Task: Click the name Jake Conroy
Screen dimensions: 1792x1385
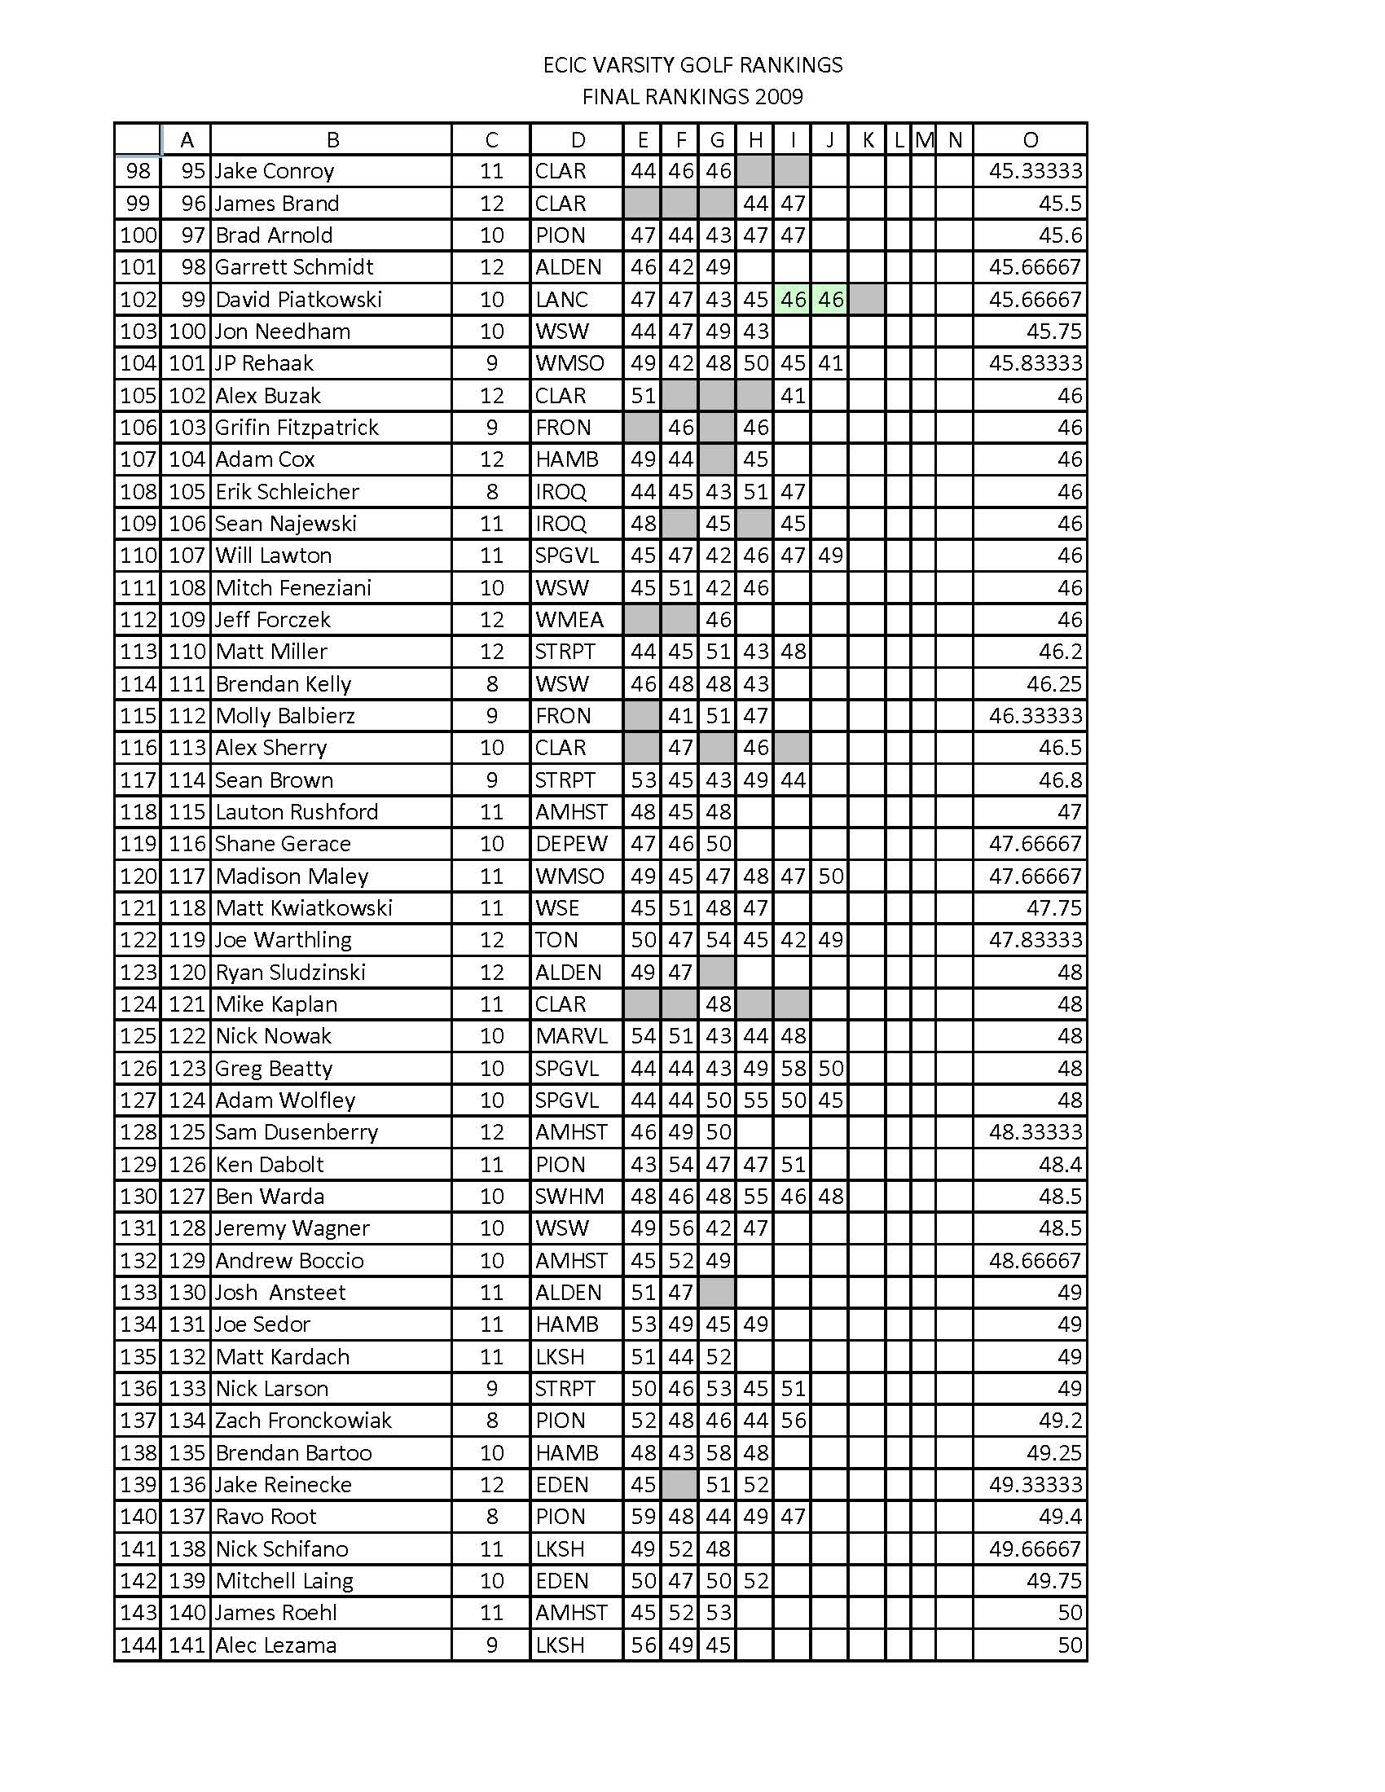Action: point(274,172)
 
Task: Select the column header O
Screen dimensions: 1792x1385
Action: point(1030,140)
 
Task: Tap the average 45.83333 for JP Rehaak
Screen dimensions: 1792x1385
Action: point(1035,363)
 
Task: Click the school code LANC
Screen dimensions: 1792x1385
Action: point(561,300)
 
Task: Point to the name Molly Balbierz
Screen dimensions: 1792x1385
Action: point(284,716)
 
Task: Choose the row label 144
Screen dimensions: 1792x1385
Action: point(138,1645)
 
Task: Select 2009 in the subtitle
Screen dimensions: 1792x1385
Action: point(779,97)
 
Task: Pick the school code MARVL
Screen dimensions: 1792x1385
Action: point(571,1036)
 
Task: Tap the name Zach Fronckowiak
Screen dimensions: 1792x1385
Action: point(303,1421)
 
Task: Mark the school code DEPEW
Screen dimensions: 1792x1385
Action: point(571,845)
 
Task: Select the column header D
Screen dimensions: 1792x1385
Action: point(578,140)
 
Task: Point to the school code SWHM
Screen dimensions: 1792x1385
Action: point(569,1197)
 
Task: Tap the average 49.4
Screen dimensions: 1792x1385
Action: point(1060,1517)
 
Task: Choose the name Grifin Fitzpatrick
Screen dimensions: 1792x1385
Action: point(297,428)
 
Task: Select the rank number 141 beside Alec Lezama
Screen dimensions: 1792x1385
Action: point(187,1645)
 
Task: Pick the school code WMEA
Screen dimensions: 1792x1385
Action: point(569,621)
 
